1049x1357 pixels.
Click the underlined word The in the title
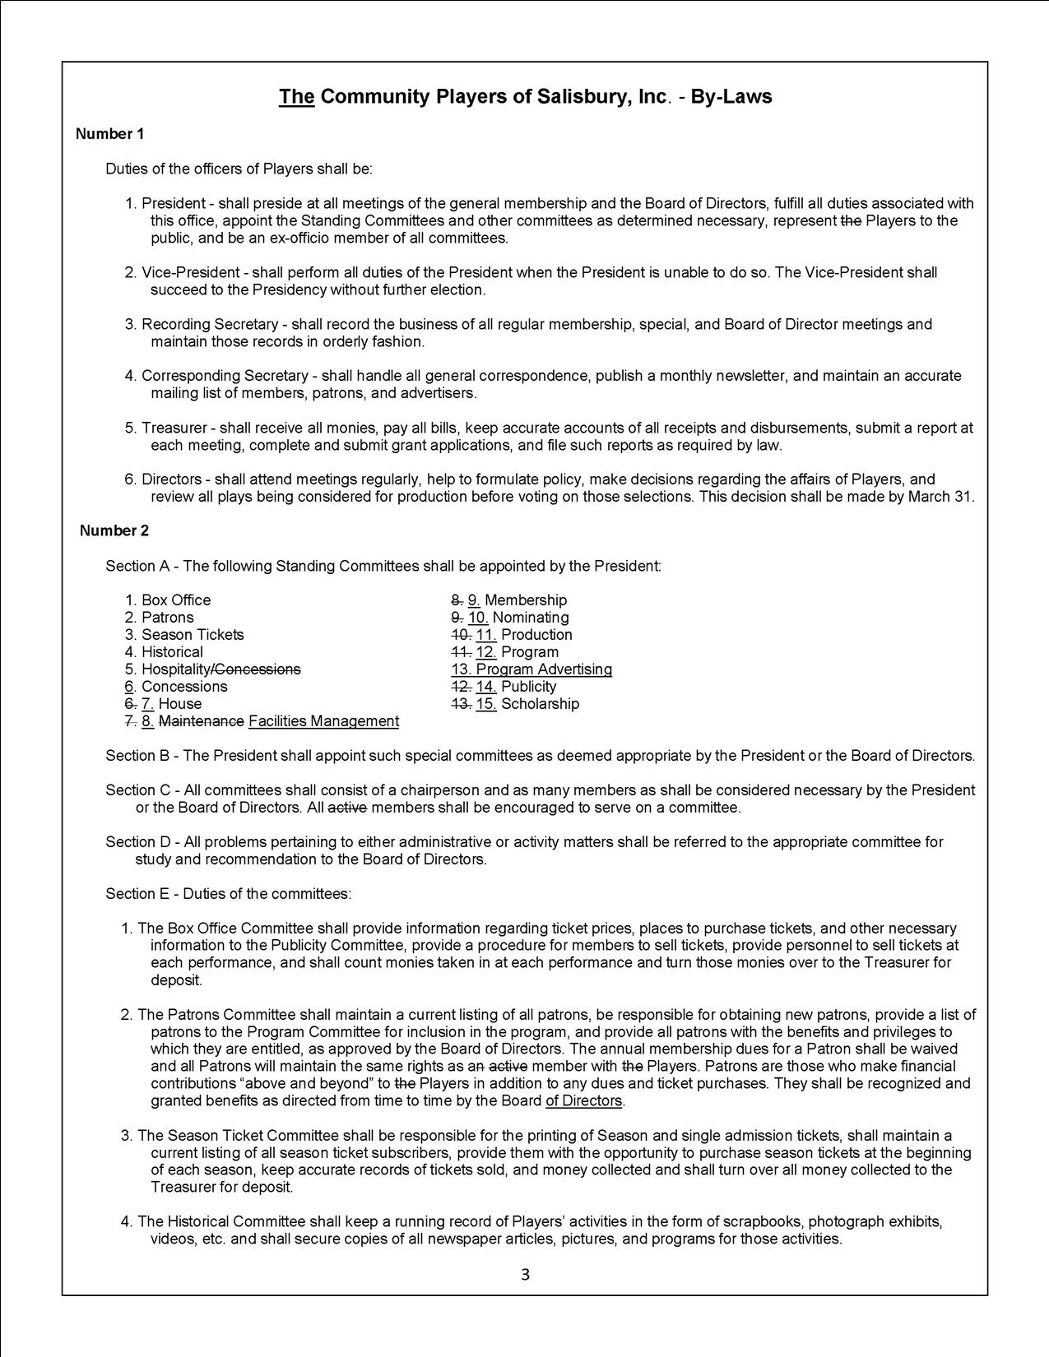[297, 97]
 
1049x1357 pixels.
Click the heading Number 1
[109, 134]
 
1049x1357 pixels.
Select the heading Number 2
[114, 530]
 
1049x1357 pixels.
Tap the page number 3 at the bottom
[525, 1276]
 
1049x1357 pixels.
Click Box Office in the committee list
[176, 600]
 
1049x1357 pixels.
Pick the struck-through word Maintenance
[201, 721]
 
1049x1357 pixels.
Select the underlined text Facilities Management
[323, 721]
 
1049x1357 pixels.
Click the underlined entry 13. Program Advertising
[531, 669]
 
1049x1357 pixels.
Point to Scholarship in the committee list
[540, 704]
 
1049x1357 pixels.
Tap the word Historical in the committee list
[172, 652]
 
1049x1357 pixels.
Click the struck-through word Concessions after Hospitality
[257, 669]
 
